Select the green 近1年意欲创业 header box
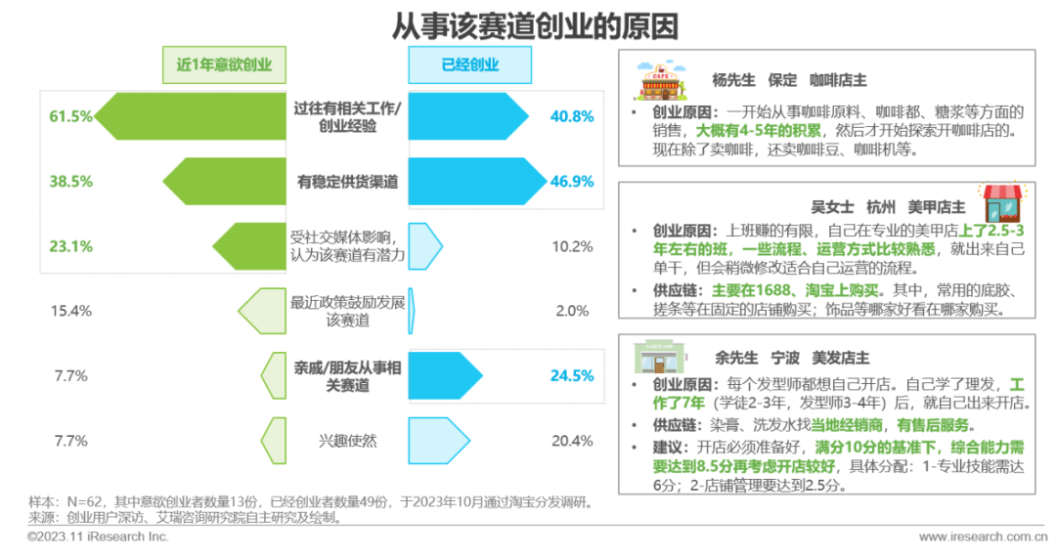tap(224, 65)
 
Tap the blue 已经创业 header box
tap(469, 65)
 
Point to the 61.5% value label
tap(70, 116)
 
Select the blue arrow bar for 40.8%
tap(464, 116)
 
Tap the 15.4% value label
tap(70, 311)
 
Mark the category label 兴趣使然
tap(347, 441)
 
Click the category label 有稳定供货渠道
tap(347, 181)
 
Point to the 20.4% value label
tap(572, 441)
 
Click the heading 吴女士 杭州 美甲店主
tap(888, 207)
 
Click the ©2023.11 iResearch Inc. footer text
tap(98, 537)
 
